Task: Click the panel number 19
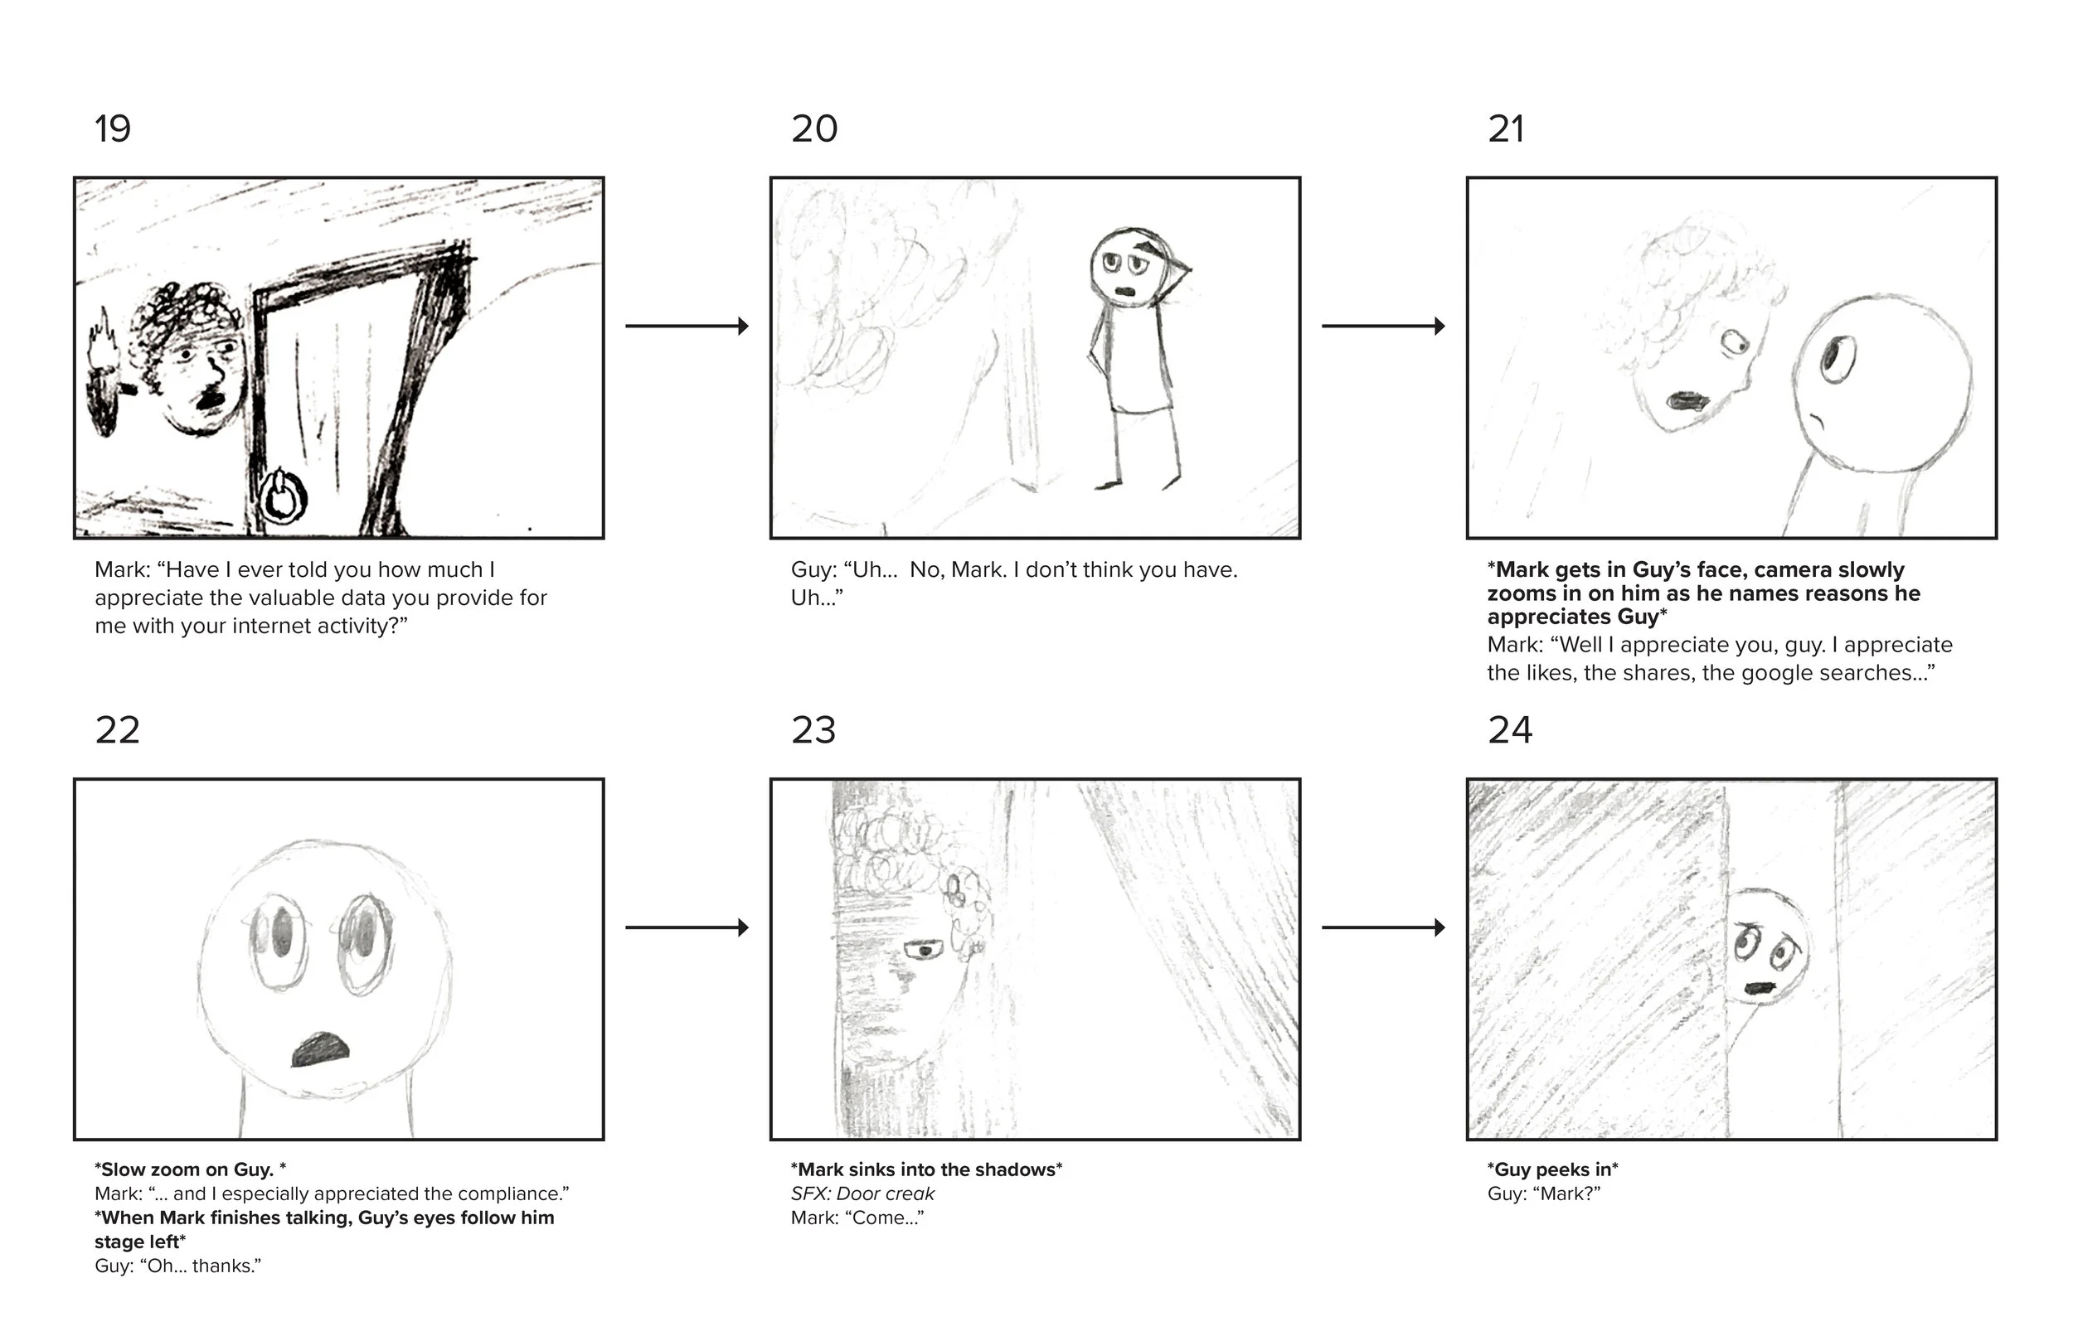[113, 128]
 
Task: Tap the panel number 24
[1509, 729]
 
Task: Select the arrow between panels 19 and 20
[687, 326]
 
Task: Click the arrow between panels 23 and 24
[1383, 927]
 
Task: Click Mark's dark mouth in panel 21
[1688, 400]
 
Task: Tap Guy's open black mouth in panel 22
[321, 1049]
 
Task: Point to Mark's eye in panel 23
[924, 949]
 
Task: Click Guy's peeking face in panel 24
[1765, 946]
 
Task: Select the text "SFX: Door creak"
[862, 1193]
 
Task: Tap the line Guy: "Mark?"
[1544, 1193]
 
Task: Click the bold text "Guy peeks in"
[1553, 1169]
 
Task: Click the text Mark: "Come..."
[857, 1218]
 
